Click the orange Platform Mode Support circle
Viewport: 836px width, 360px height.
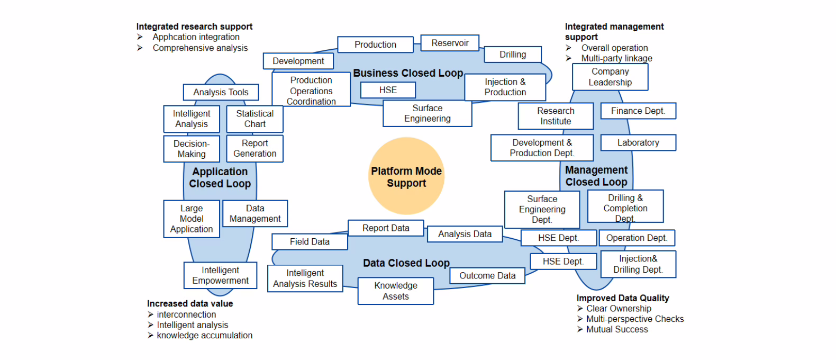coord(406,176)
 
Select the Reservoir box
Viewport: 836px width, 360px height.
coord(450,43)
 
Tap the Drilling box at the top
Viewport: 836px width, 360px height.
coord(513,55)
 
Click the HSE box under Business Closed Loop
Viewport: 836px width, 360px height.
coord(388,90)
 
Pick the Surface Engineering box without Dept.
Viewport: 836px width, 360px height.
coord(428,113)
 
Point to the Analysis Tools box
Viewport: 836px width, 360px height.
coord(221,92)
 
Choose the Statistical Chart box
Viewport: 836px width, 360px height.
coord(255,119)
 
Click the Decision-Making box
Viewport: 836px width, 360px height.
coord(192,149)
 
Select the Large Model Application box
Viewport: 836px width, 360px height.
coord(192,219)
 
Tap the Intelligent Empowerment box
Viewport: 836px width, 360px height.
coord(220,275)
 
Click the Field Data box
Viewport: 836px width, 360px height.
coord(310,241)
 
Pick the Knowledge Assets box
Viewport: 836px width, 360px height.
coord(396,291)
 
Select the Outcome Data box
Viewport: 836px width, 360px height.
coord(487,275)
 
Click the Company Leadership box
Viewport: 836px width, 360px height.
coord(610,77)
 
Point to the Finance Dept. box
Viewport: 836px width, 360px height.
coord(638,111)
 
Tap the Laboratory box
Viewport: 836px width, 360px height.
coord(638,142)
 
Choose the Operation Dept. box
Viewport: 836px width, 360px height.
coord(637,238)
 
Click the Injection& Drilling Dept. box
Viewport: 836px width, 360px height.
coord(638,264)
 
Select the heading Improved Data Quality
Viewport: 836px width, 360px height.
coord(623,298)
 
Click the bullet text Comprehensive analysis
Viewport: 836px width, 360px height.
coord(200,48)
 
